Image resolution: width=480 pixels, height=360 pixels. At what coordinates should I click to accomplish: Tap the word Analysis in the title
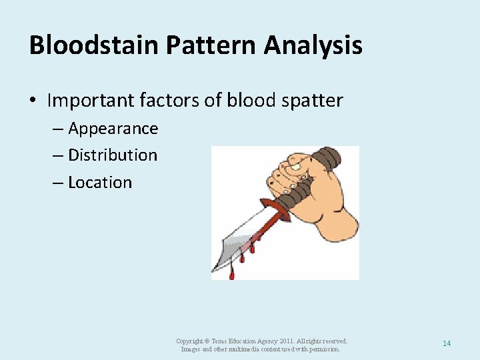[x=313, y=45]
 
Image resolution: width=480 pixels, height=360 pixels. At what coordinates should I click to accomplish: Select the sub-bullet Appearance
[x=113, y=128]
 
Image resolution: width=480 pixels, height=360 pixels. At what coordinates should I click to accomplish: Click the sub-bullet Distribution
[x=113, y=155]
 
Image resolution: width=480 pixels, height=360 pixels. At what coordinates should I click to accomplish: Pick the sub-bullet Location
[x=100, y=182]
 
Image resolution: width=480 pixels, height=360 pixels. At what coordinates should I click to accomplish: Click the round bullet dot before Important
[x=33, y=101]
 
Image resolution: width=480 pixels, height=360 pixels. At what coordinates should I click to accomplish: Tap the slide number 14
[x=447, y=343]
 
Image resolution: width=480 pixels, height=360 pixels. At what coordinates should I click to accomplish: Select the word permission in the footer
[x=324, y=349]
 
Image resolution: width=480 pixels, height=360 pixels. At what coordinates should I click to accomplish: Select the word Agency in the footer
[x=257, y=341]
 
